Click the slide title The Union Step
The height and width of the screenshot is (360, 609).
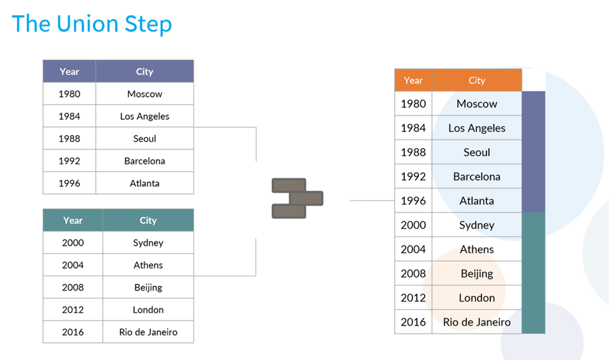coord(92,24)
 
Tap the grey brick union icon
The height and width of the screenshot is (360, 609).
coord(298,198)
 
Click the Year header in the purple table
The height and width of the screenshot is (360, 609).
coord(69,71)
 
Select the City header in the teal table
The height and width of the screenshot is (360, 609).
coord(148,220)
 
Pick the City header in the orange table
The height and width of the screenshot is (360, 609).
coord(476,81)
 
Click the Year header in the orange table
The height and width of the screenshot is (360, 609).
coord(413,81)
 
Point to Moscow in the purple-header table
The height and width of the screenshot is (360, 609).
coord(144,94)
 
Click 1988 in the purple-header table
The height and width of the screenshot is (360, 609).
coord(69,138)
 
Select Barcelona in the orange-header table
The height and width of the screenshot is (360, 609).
coord(476,176)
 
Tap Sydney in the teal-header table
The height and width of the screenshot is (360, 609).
coord(148,243)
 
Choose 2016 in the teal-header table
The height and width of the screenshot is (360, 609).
coord(73,332)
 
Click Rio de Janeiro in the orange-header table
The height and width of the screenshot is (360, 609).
coord(476,322)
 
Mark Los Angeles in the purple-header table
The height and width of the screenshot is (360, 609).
coord(144,117)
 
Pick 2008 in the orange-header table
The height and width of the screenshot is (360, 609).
coord(413,274)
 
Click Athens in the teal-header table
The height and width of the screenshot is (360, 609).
coord(148,265)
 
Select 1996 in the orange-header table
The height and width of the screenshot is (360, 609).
coord(413,200)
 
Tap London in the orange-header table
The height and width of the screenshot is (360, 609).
coord(476,298)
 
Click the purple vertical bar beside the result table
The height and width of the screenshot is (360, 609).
coord(533,152)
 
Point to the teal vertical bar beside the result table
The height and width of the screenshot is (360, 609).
coord(533,273)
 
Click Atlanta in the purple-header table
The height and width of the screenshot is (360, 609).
coord(144,183)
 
